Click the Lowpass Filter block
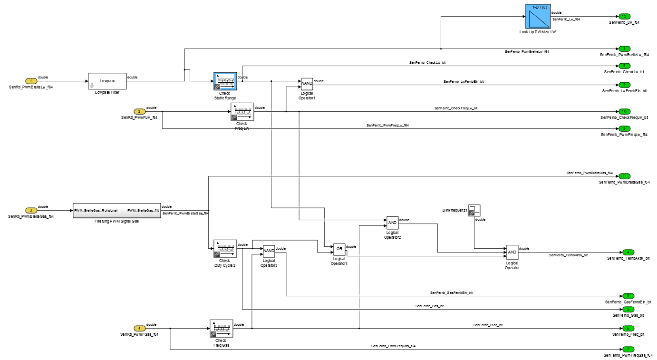click(x=107, y=81)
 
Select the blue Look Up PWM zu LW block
click(x=537, y=17)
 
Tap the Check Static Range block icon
click(x=225, y=81)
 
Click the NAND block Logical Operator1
click(x=306, y=84)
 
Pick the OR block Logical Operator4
click(x=339, y=249)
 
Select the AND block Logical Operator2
click(x=392, y=223)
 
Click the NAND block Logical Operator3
click(x=269, y=250)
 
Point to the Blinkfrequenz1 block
click(x=474, y=211)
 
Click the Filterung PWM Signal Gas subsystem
click(x=116, y=210)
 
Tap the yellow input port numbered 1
click(x=31, y=81)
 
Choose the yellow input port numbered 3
click(x=31, y=210)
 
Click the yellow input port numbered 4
click(x=139, y=328)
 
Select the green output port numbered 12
click(x=624, y=17)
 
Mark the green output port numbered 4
click(x=628, y=252)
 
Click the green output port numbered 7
click(x=628, y=349)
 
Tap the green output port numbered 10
click(x=624, y=111)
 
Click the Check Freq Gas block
click(x=221, y=328)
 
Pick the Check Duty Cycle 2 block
click(x=225, y=248)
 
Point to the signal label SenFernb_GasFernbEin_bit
click(x=451, y=292)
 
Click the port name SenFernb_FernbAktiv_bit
click(x=628, y=258)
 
